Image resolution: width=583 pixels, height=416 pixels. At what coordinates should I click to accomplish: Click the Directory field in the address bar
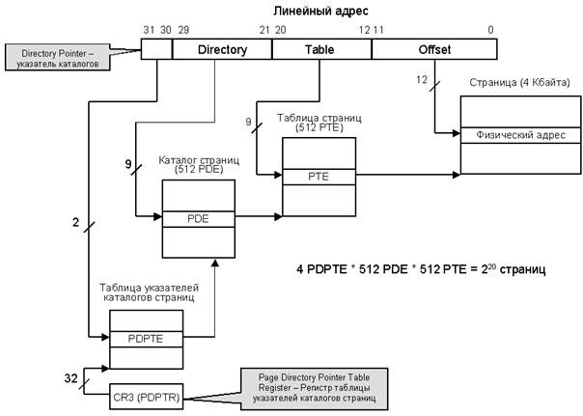(x=222, y=48)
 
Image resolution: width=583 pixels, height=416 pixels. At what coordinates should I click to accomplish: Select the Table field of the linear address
(x=319, y=48)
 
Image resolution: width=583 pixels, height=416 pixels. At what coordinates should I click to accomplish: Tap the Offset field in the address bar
(x=433, y=48)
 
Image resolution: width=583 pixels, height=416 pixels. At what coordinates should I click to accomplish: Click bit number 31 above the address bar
(x=147, y=30)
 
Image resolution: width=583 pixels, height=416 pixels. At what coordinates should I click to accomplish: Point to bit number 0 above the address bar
(x=490, y=30)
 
